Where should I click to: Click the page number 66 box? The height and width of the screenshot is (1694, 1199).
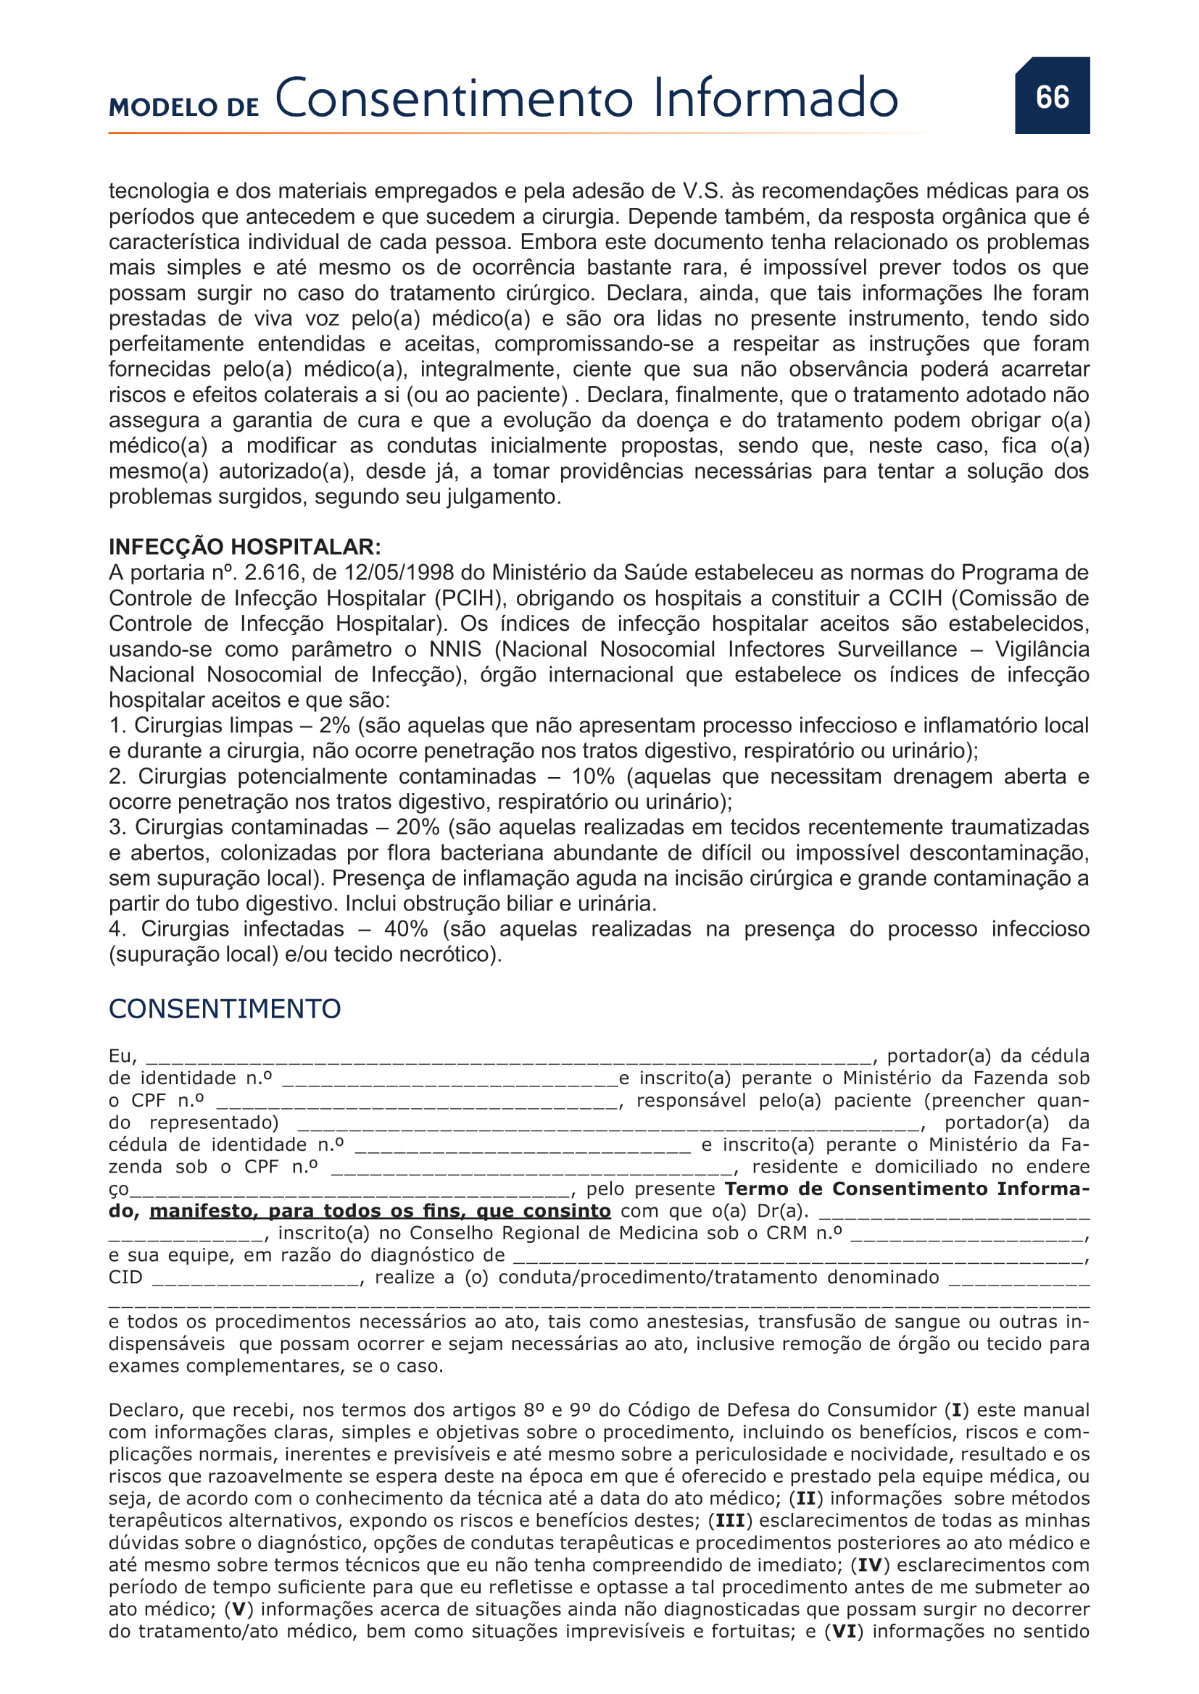[x=1051, y=96]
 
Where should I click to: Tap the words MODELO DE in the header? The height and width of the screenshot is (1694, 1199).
[x=184, y=107]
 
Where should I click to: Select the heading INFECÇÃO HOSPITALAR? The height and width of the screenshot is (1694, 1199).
[x=244, y=547]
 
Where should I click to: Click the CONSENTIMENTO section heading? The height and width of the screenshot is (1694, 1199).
[x=225, y=1009]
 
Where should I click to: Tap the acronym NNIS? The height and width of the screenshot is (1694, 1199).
[x=455, y=649]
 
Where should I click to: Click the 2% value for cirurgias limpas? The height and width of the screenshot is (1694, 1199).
[x=334, y=725]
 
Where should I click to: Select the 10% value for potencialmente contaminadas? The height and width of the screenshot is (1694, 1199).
[x=593, y=776]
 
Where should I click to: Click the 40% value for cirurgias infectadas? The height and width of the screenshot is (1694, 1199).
[x=405, y=929]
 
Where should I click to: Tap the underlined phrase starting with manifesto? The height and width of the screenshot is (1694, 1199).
[x=381, y=1211]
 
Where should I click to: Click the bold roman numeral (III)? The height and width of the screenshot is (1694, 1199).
[x=730, y=1521]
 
